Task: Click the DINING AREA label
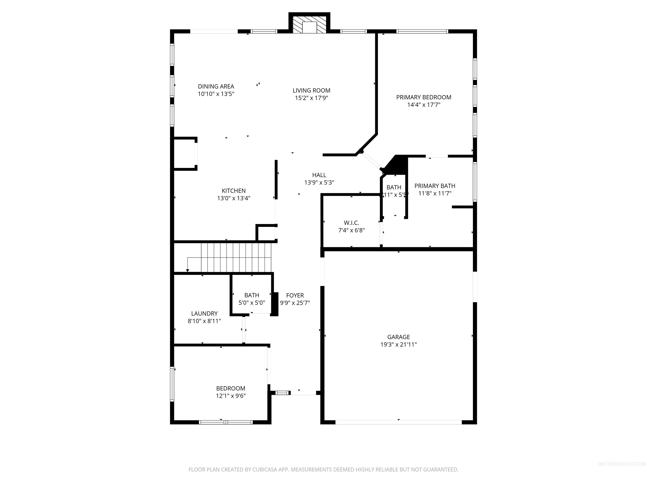coord(216,86)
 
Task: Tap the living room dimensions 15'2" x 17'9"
coord(311,98)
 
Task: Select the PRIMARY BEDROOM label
coord(424,97)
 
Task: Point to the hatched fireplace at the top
coord(309,24)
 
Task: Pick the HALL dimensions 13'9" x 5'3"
coord(319,182)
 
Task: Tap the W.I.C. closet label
coord(351,223)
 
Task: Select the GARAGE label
coord(398,337)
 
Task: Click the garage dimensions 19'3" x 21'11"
coord(398,344)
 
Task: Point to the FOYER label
coord(295,295)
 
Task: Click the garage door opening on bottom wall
coord(398,422)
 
